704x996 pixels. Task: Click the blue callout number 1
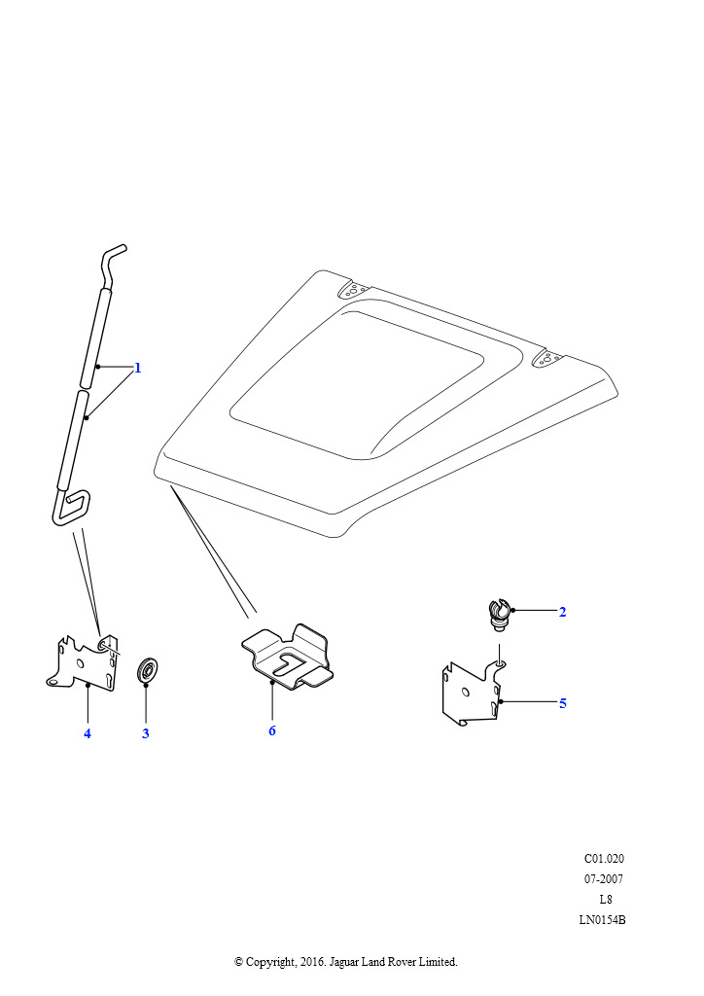click(x=137, y=368)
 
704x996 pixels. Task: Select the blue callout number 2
click(x=562, y=612)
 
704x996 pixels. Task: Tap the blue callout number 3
click(x=146, y=733)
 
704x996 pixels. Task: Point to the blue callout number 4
click(x=87, y=733)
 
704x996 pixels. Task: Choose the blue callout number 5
click(x=562, y=703)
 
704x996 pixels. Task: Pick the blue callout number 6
click(x=271, y=730)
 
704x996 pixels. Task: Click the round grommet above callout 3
click(x=148, y=671)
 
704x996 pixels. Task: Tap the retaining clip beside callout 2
click(x=500, y=615)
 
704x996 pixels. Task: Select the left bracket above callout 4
click(x=84, y=662)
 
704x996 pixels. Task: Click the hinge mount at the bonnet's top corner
click(x=353, y=290)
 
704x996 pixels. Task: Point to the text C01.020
click(x=604, y=859)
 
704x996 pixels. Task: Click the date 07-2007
click(x=604, y=879)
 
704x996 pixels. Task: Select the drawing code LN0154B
click(x=602, y=920)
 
